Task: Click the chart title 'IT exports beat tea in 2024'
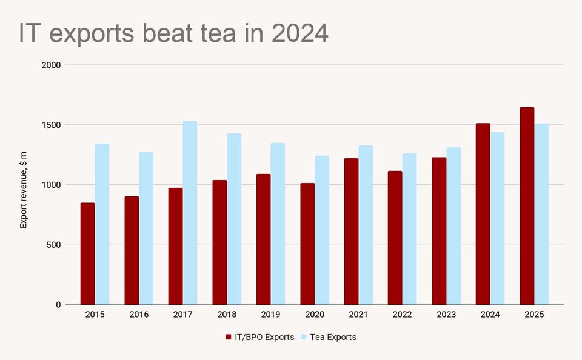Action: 173,34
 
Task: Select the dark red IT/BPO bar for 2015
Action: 88,254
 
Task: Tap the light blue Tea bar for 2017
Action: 190,213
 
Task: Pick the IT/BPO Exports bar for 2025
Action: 527,206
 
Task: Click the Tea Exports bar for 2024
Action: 497,218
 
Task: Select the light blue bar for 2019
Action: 278,224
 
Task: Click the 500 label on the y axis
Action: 53,245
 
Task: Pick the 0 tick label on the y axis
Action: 58,305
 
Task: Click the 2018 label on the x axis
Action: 227,315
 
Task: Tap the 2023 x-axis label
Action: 446,315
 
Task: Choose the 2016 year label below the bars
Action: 139,315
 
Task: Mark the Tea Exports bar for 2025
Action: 541,215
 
